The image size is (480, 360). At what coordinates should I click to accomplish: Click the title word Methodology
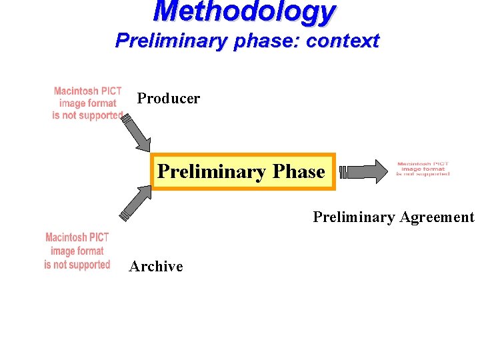pyautogui.click(x=245, y=12)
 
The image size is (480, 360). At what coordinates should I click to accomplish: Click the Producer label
pyautogui.click(x=168, y=99)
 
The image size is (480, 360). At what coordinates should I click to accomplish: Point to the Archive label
pyautogui.click(x=156, y=267)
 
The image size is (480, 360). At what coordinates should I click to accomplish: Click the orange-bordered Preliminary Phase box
pyautogui.click(x=242, y=171)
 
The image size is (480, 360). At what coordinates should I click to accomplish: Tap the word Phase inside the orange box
pyautogui.click(x=299, y=171)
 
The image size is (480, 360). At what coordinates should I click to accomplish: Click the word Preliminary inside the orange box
pyautogui.click(x=211, y=171)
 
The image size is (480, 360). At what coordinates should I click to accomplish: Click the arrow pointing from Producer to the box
pyautogui.click(x=140, y=133)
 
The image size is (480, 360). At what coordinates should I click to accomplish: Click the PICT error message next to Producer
pyautogui.click(x=88, y=103)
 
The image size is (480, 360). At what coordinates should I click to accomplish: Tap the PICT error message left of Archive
pyautogui.click(x=77, y=251)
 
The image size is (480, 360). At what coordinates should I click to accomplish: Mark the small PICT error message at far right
pyautogui.click(x=423, y=169)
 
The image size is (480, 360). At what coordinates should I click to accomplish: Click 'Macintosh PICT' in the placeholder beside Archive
pyautogui.click(x=77, y=237)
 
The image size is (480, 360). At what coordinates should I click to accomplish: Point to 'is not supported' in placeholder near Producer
pyautogui.click(x=88, y=116)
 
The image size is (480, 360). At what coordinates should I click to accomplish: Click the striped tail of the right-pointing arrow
pyautogui.click(x=343, y=173)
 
